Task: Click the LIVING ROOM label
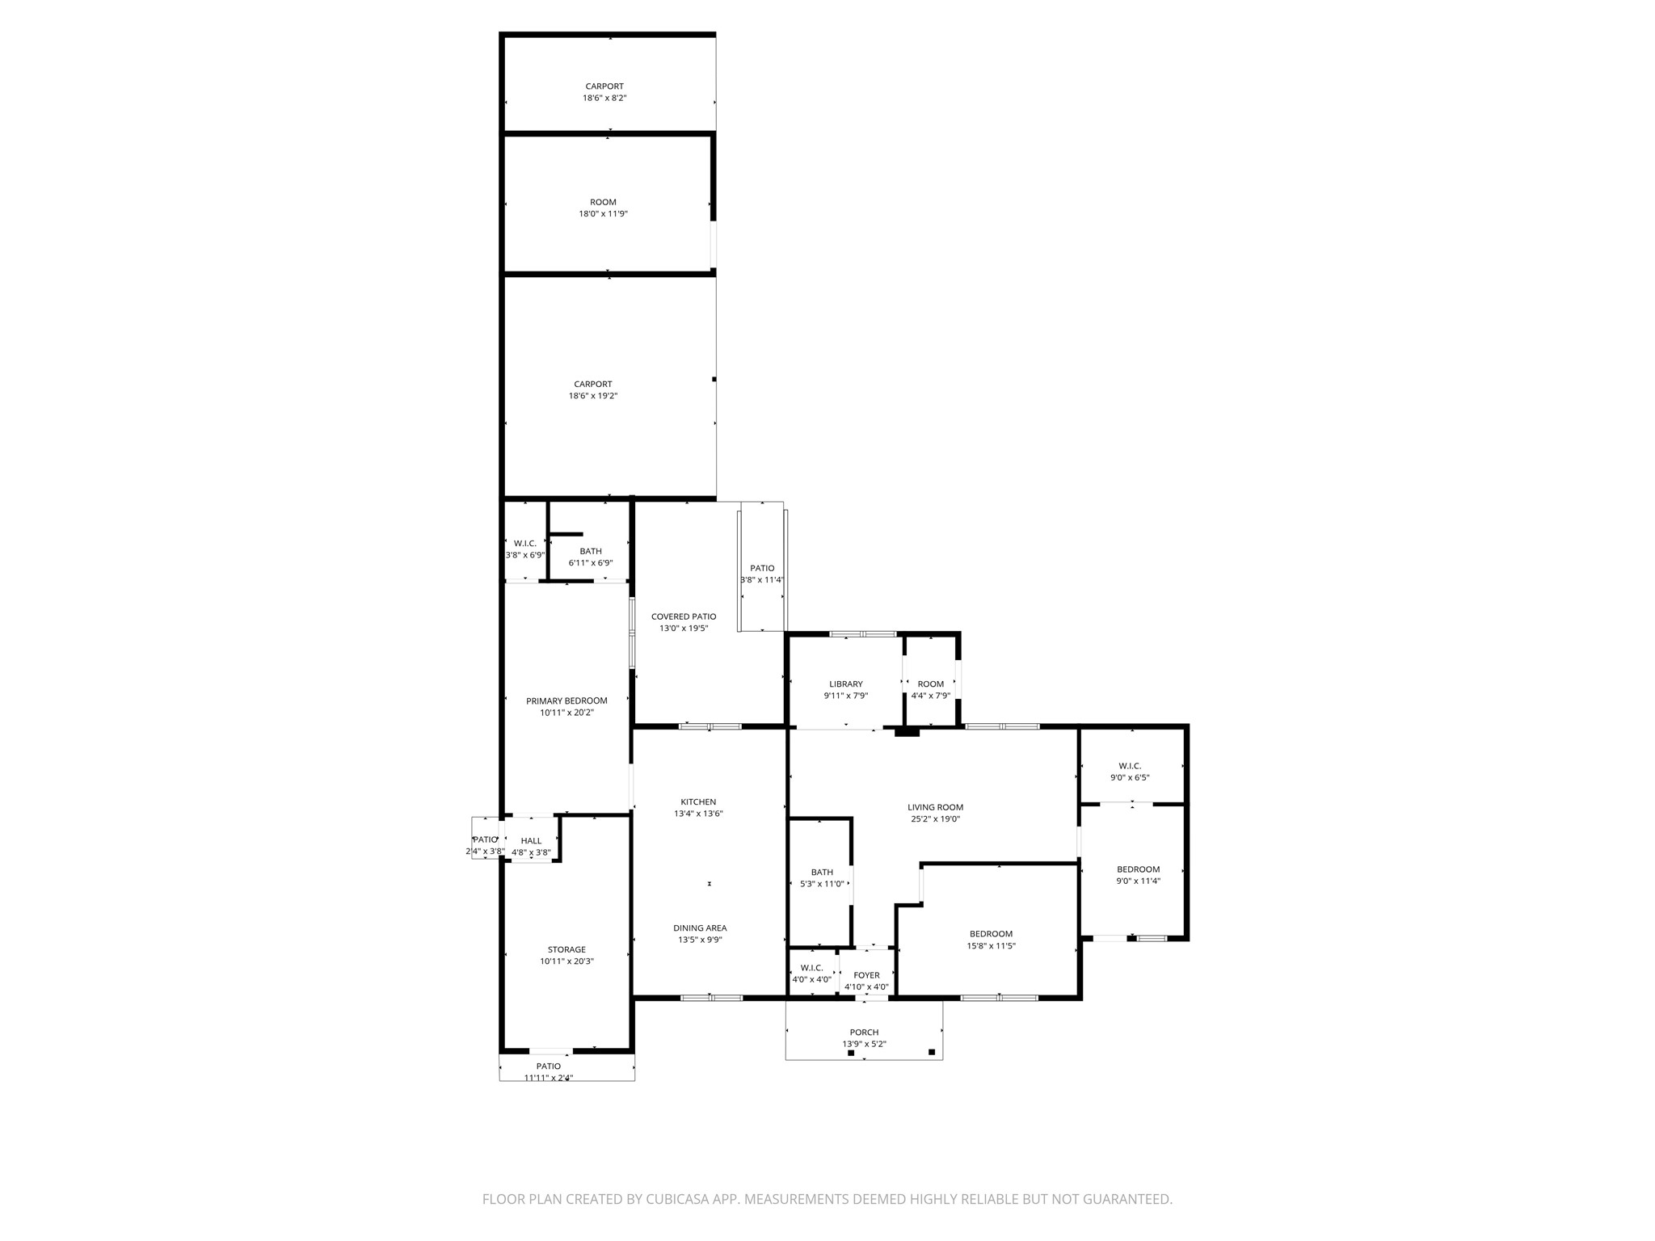(x=935, y=807)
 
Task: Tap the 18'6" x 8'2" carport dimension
(x=604, y=98)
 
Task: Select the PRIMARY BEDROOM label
(x=566, y=700)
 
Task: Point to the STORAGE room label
(x=566, y=949)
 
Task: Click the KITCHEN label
(x=698, y=802)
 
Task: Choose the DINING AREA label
(x=700, y=928)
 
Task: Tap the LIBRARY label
(x=846, y=684)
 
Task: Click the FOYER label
(x=866, y=975)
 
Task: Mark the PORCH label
(x=864, y=1032)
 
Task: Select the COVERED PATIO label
(x=684, y=616)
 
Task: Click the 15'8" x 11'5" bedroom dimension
(x=992, y=945)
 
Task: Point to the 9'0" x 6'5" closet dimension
(x=1130, y=777)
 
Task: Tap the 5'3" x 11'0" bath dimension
(x=822, y=884)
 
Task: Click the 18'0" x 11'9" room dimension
(x=603, y=214)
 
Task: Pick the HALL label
(x=531, y=841)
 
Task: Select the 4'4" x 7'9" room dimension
(x=931, y=696)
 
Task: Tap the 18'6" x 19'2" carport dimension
(x=593, y=396)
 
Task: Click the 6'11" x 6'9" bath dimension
(x=591, y=562)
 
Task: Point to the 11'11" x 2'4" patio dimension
(x=549, y=1078)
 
